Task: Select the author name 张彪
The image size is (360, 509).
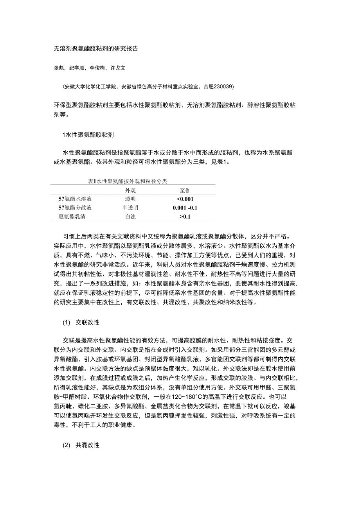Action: point(58,68)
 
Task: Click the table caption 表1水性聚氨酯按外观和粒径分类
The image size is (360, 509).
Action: point(128,181)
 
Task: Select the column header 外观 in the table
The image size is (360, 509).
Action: point(130,190)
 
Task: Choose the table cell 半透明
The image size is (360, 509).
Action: point(130,208)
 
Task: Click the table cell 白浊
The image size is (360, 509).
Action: point(130,216)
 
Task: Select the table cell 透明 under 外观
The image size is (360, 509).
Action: point(130,199)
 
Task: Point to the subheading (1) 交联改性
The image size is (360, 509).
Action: point(81,323)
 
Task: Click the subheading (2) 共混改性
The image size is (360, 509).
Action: point(81,445)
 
